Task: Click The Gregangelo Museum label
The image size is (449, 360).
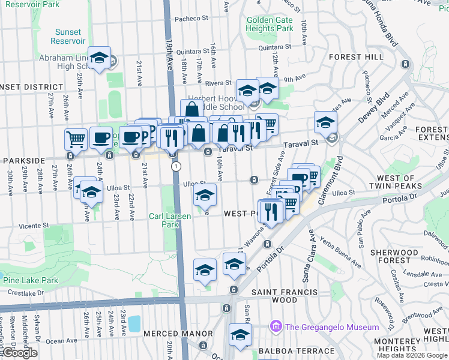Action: click(x=332, y=327)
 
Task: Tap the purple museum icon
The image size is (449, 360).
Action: click(x=276, y=327)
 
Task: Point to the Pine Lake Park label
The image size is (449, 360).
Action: click(x=30, y=280)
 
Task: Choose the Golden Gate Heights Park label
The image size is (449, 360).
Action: click(x=270, y=24)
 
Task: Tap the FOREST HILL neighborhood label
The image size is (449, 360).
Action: click(x=356, y=57)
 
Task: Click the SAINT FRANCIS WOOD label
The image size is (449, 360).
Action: click(x=284, y=296)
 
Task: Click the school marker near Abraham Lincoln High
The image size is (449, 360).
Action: click(x=100, y=58)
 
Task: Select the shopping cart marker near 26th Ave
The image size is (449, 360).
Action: click(x=76, y=139)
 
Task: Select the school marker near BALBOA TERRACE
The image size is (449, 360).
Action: click(x=240, y=335)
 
